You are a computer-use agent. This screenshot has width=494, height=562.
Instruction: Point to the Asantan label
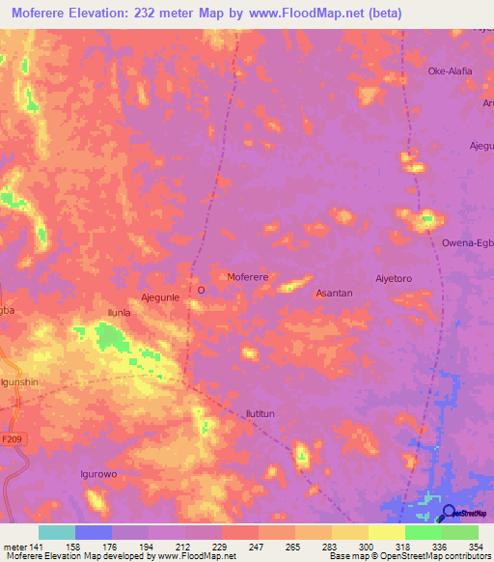coord(334,293)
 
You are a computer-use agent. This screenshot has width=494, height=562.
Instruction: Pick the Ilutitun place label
coord(261,413)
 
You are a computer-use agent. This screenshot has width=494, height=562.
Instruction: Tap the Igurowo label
coord(98,475)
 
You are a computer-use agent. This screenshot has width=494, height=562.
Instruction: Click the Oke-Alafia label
coord(449,70)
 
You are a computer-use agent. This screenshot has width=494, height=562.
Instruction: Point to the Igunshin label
coord(19,382)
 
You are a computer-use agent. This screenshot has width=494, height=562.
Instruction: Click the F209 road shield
coord(12,439)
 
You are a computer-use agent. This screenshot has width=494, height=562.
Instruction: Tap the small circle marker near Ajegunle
coord(201,289)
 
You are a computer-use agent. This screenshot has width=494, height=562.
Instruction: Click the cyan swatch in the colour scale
coord(57,532)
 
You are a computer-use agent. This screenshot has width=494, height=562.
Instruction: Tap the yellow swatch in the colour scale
coord(387,532)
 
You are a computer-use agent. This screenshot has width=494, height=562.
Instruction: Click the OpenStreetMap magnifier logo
coord(448,513)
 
